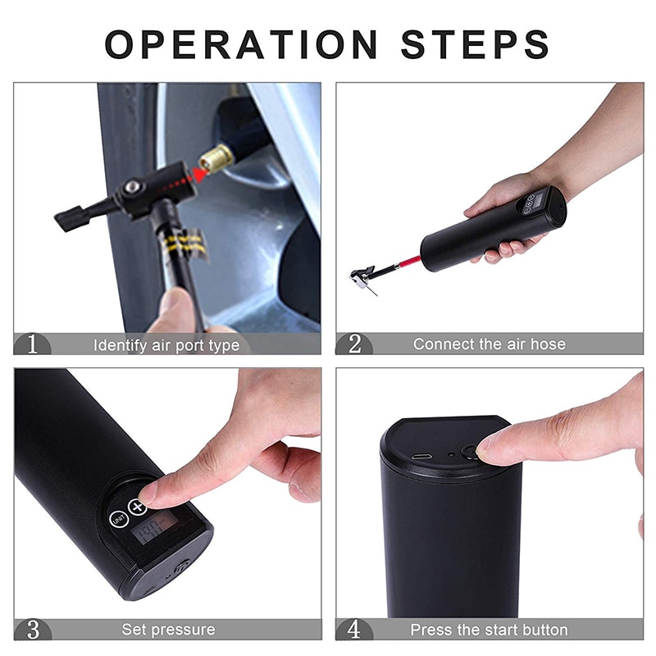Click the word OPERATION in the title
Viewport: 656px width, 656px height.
[241, 44]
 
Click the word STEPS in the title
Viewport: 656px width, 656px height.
[475, 44]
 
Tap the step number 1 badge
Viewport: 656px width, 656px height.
[32, 344]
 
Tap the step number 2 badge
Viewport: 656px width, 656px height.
[354, 344]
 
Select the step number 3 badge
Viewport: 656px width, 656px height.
[33, 629]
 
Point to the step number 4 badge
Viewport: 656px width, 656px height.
[354, 629]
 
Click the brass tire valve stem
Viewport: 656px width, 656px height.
[216, 159]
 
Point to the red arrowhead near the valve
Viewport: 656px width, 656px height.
[202, 175]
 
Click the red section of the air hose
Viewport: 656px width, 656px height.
[409, 262]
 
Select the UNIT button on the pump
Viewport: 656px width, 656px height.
[118, 520]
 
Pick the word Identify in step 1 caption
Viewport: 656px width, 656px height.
[120, 345]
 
